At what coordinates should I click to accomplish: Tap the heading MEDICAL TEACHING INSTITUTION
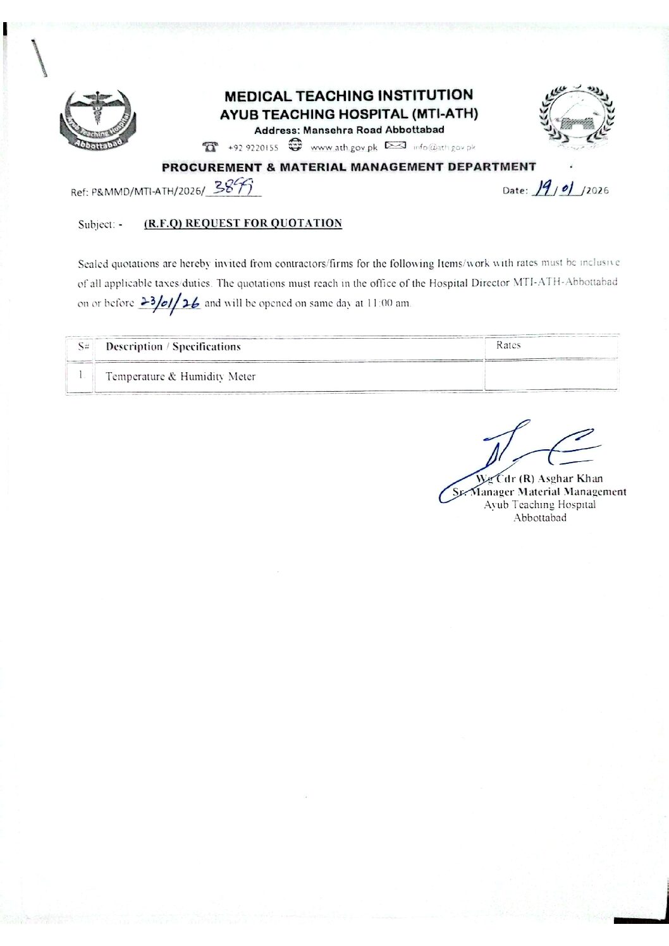pos(348,95)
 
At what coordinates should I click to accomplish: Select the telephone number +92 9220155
pos(253,148)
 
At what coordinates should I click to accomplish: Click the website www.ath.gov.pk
pos(343,148)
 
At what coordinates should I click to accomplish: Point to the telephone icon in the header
pos(209,147)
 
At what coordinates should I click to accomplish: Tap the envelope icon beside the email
pos(395,147)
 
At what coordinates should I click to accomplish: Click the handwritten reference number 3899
pos(233,188)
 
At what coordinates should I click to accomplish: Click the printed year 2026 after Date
pos(598,190)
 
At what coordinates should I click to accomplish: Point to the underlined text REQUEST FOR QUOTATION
pos(264,223)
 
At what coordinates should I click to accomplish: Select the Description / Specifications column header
pos(173,346)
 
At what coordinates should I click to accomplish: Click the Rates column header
pos(508,345)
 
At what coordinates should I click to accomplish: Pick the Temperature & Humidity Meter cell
pos(180,377)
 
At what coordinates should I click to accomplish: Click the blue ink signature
pos(519,455)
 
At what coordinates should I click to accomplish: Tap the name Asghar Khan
pos(570,478)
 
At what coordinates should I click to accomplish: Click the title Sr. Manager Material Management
pos(539,492)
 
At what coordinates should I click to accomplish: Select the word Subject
pos(96,224)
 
